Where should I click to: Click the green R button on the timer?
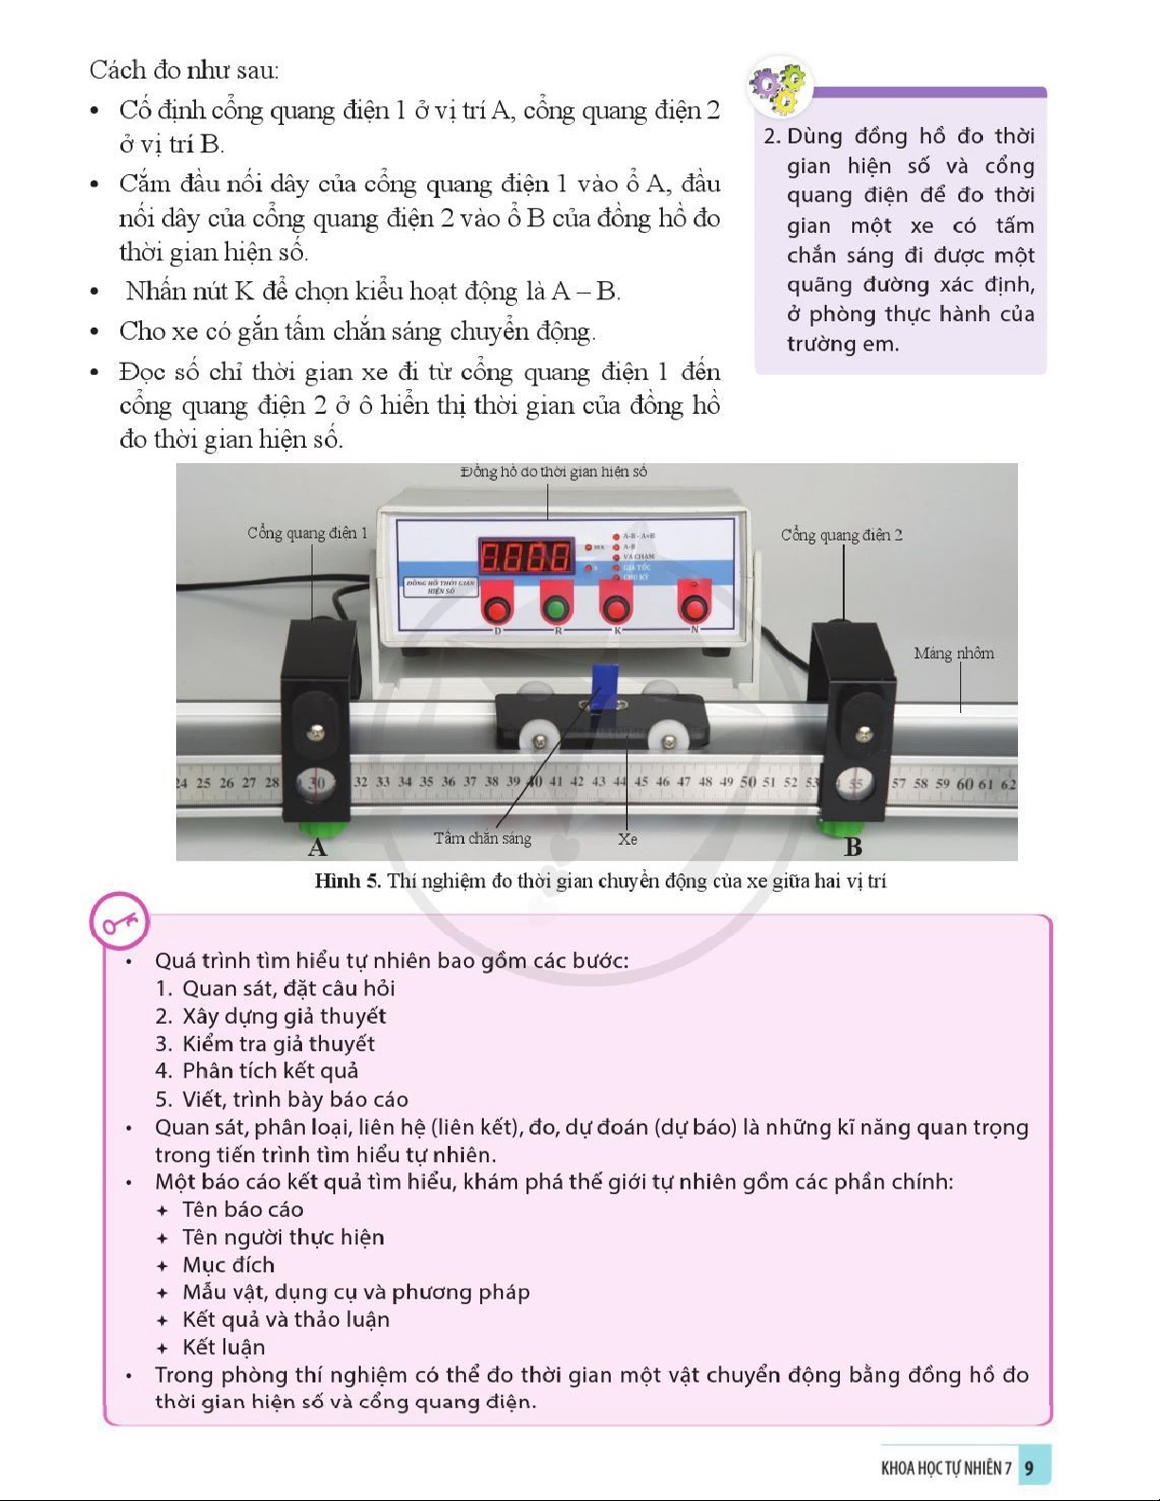557,607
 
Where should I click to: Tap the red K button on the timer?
616,607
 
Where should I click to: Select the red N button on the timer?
695,606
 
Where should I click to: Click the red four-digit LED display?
526,556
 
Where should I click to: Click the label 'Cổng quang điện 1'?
307,533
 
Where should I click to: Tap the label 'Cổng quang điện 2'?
841,535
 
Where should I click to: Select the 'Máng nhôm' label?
954,653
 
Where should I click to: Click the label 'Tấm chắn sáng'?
482,838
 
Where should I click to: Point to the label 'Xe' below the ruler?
627,839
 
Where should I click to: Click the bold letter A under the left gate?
317,847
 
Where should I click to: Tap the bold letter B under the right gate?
852,847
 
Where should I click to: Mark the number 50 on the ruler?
748,782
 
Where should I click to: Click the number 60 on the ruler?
965,784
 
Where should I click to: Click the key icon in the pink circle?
120,921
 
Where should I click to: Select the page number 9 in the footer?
1029,1468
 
